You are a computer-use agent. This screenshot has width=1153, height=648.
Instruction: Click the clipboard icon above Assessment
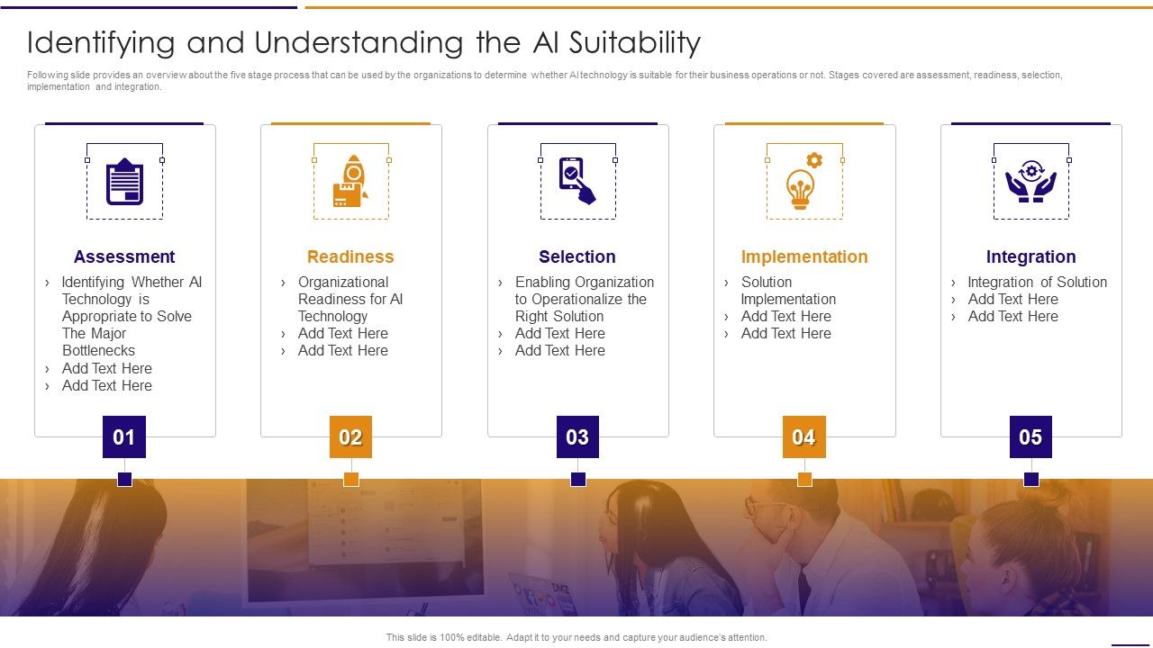click(x=124, y=182)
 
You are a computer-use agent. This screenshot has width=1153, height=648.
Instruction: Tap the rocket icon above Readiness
click(x=350, y=182)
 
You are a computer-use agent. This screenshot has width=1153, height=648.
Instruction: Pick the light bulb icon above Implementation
click(x=803, y=182)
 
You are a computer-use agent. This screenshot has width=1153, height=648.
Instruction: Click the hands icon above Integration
click(x=1030, y=180)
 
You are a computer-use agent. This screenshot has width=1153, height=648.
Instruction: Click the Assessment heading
click(x=124, y=256)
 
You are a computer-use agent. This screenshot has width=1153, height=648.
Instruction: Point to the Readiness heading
click(x=350, y=256)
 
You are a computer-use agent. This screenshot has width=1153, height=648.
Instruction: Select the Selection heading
click(x=577, y=256)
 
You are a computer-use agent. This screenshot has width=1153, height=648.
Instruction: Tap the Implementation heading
click(x=804, y=256)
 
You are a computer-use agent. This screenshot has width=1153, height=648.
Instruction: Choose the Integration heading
click(x=1030, y=256)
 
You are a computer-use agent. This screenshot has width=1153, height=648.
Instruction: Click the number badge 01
click(x=124, y=437)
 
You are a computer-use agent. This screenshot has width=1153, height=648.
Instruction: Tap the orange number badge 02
click(x=350, y=437)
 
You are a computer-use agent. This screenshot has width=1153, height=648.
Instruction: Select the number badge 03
click(x=577, y=437)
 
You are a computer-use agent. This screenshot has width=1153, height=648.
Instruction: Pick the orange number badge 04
click(x=803, y=437)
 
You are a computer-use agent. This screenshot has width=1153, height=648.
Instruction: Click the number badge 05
click(x=1030, y=437)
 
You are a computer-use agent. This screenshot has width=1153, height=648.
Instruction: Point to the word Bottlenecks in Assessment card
click(x=98, y=350)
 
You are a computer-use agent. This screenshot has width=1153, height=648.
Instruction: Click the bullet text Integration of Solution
click(x=1037, y=282)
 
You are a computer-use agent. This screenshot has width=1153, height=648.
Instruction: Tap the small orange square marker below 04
click(x=804, y=479)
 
